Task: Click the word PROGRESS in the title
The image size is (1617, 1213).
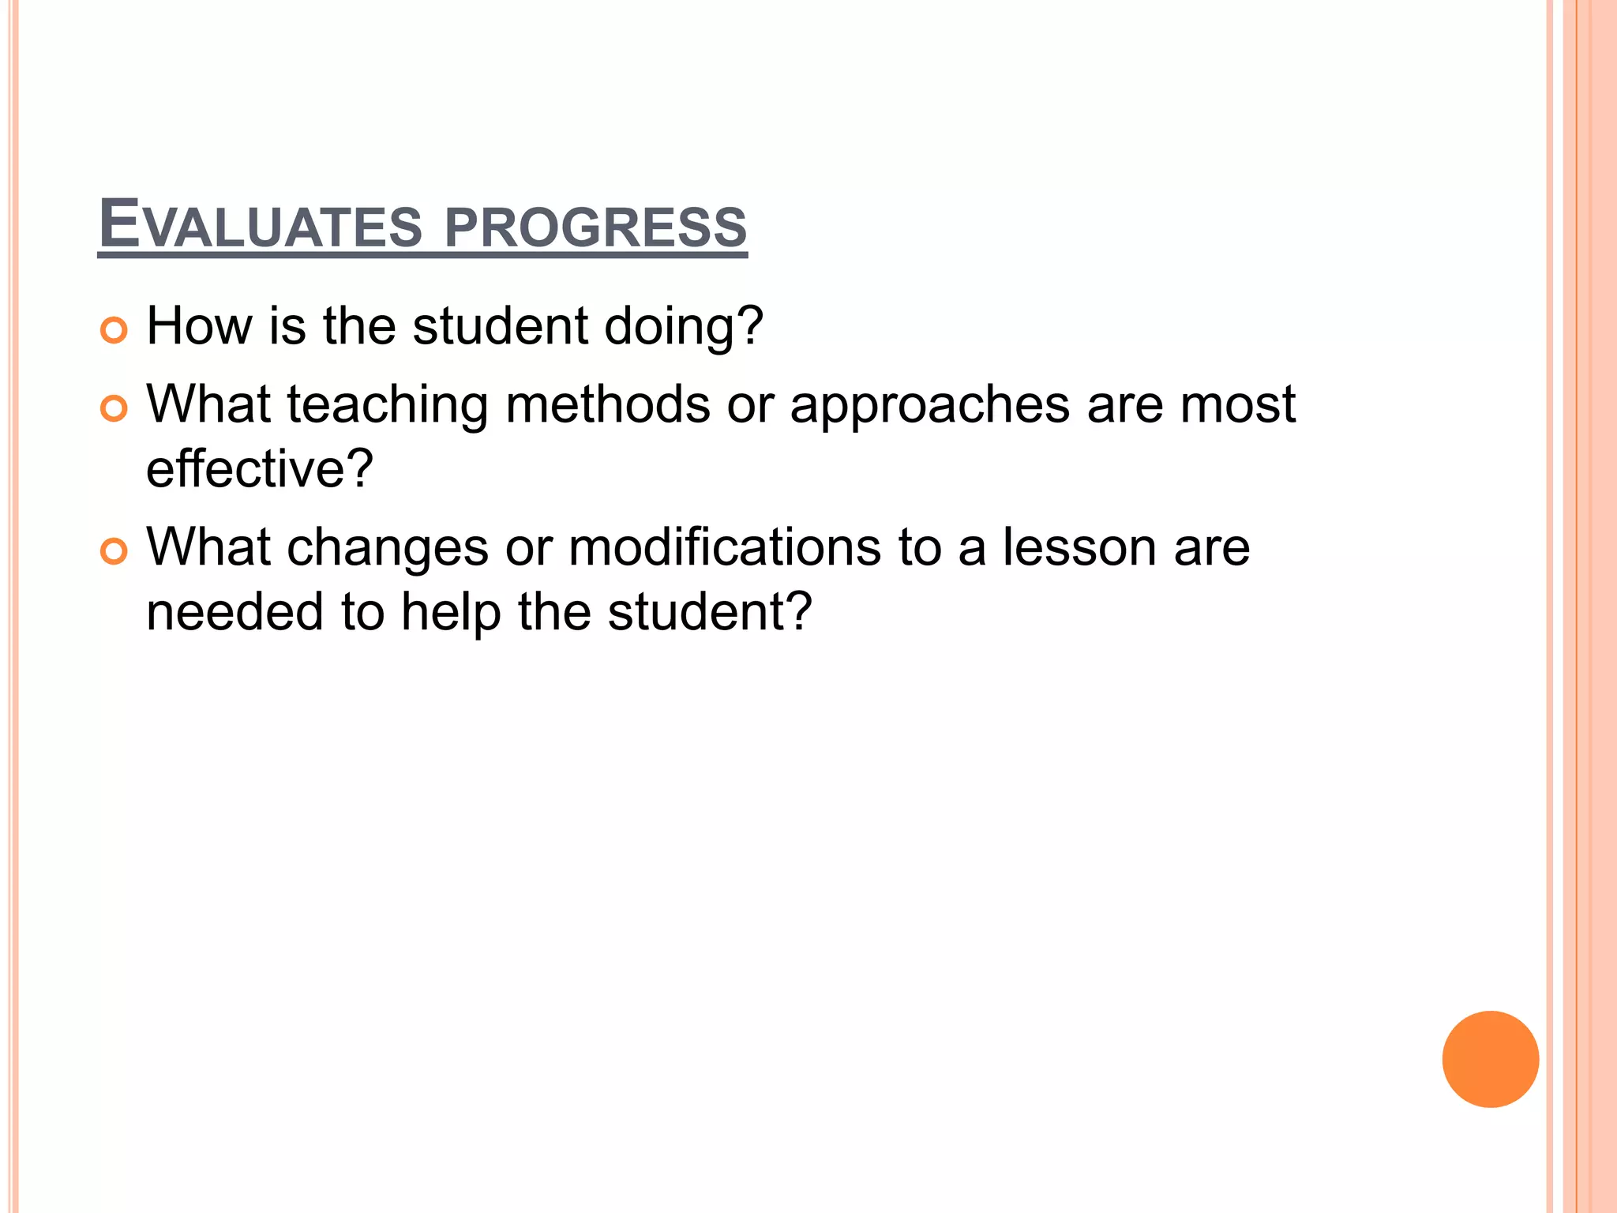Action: [x=595, y=227]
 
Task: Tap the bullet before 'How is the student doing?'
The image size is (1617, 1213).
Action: [x=114, y=330]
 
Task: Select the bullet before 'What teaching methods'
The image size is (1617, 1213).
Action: [x=114, y=408]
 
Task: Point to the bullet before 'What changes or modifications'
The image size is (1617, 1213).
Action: [x=114, y=551]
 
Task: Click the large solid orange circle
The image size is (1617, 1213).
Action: [x=1490, y=1059]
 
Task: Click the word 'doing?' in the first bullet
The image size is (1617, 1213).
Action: [x=683, y=326]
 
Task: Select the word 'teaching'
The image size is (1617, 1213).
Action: [x=388, y=405]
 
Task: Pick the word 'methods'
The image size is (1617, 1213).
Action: [x=608, y=404]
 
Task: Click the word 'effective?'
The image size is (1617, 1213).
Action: [x=259, y=468]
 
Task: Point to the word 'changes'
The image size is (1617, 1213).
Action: [x=388, y=547]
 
